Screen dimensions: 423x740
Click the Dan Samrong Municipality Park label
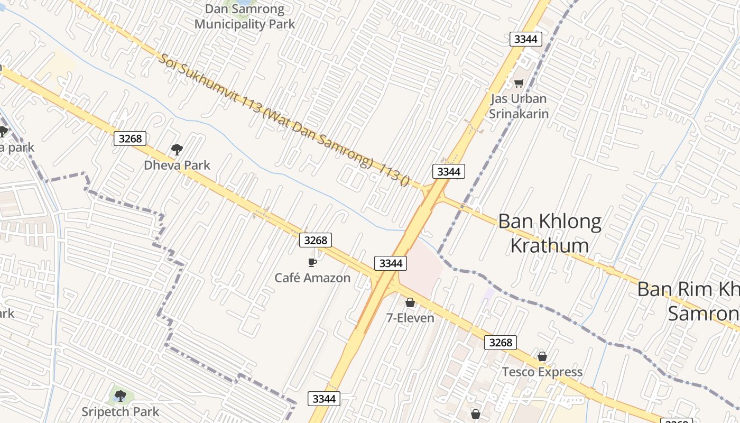tap(245, 17)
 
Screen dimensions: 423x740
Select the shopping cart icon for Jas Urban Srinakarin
tap(519, 83)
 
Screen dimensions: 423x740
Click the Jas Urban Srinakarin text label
tap(518, 106)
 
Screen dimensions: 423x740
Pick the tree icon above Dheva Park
tap(177, 150)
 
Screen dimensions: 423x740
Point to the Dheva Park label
tap(177, 165)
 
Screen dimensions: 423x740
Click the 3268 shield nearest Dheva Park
tap(130, 139)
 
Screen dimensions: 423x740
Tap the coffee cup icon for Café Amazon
tap(312, 262)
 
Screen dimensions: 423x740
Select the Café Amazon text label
tap(312, 278)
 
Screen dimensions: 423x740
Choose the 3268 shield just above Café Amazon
tap(316, 240)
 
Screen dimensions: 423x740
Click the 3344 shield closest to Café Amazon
tap(391, 263)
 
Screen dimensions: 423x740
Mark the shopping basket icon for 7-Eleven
tap(410, 302)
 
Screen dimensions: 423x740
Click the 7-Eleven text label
tap(410, 318)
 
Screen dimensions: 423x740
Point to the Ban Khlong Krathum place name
tap(550, 233)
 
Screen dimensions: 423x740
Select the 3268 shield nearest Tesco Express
tap(501, 342)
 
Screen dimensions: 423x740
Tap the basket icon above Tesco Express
tap(542, 356)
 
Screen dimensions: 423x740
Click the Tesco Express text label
tap(542, 372)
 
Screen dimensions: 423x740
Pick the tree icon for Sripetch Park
tap(121, 396)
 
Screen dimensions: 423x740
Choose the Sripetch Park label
tap(121, 412)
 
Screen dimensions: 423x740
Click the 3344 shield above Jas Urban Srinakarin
tap(525, 39)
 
